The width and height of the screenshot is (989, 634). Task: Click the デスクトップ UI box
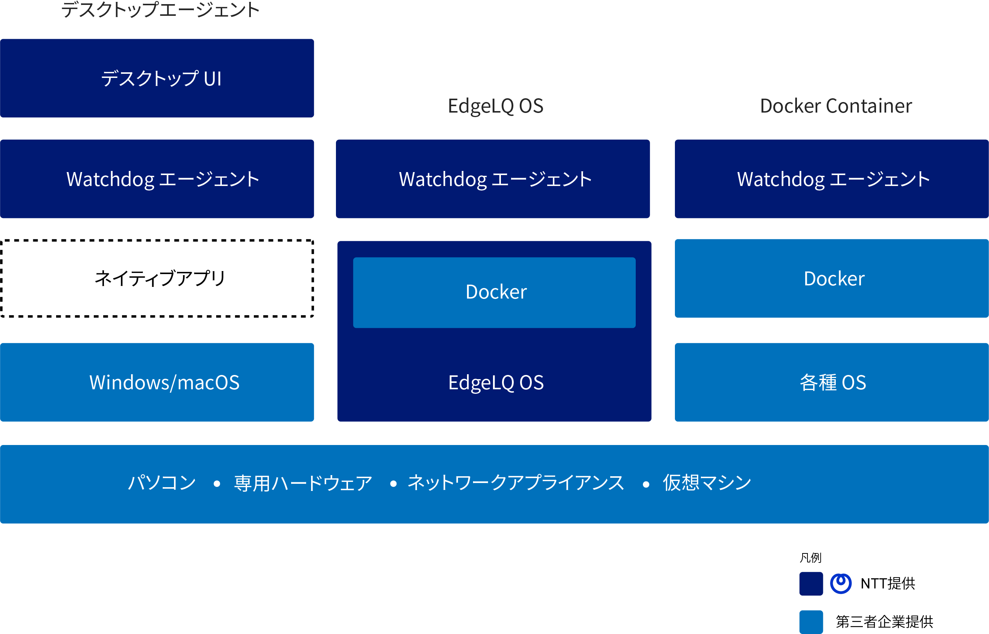click(x=157, y=78)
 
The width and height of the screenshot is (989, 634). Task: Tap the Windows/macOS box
click(x=157, y=382)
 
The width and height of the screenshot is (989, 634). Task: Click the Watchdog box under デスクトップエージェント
click(x=157, y=179)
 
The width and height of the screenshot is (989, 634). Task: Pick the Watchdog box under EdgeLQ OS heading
click(x=493, y=179)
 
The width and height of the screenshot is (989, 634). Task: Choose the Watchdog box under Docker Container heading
click(x=832, y=179)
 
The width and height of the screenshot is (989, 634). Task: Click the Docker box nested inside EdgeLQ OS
click(x=494, y=292)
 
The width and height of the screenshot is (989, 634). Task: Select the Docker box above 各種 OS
click(x=832, y=278)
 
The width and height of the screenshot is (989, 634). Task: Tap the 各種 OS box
click(x=832, y=382)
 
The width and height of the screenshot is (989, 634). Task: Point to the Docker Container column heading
click(x=836, y=106)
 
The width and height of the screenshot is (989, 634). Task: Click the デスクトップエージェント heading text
click(x=160, y=10)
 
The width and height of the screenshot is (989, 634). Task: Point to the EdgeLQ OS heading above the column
click(x=496, y=106)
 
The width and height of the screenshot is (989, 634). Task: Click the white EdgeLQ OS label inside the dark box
click(x=496, y=383)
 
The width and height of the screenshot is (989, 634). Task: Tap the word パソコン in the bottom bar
click(x=162, y=483)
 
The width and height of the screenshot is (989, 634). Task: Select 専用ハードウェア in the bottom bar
click(x=303, y=483)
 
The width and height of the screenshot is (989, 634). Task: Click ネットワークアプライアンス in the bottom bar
click(x=516, y=483)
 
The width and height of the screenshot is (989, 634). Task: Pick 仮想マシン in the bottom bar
click(x=707, y=483)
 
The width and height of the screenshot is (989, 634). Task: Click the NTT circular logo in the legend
click(x=841, y=583)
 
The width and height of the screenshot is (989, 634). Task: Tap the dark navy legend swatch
click(x=811, y=583)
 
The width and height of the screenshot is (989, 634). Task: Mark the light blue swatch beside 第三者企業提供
click(x=811, y=622)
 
